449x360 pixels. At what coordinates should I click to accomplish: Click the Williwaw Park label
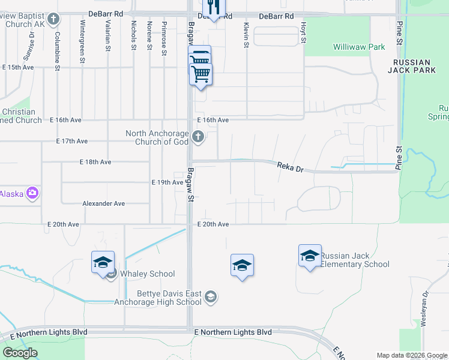point(359,46)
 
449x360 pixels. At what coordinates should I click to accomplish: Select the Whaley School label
point(147,274)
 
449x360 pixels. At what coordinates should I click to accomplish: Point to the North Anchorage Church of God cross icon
point(198,138)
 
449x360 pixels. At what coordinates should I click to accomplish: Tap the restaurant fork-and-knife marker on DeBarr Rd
point(213,8)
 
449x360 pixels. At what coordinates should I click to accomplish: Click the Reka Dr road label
point(289,167)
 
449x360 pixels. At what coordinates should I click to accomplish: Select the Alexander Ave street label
point(103,204)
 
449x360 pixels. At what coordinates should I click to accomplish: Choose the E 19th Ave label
point(167,182)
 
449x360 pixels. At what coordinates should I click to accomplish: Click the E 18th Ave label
point(95,162)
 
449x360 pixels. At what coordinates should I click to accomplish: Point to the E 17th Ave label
point(72,142)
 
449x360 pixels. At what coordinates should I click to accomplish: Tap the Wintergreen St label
point(82,37)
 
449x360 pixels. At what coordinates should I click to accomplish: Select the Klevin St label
point(246,33)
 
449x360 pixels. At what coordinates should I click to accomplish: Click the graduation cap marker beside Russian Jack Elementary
point(310,256)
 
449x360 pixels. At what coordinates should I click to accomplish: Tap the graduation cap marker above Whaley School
point(103,262)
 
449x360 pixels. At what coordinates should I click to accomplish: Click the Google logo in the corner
point(20,353)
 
